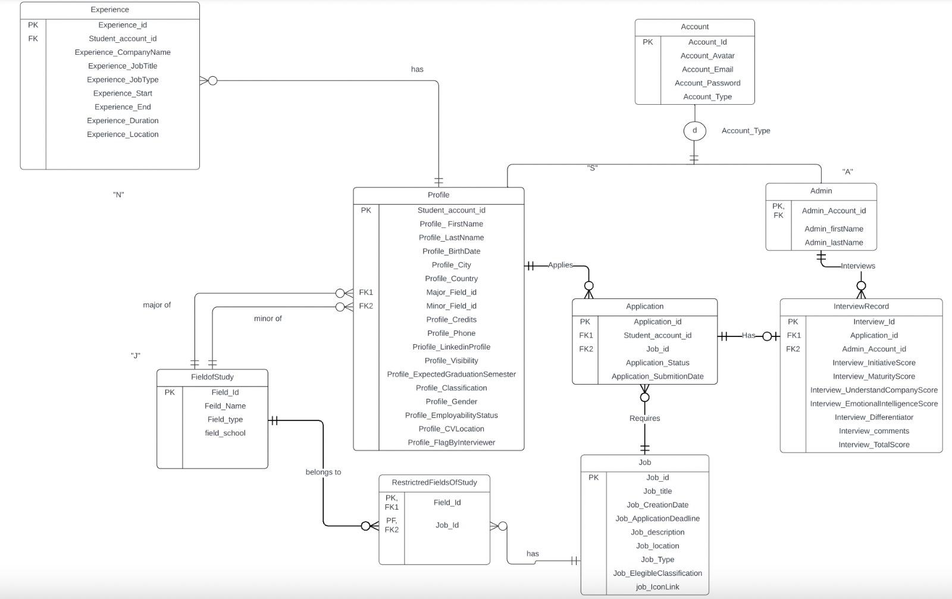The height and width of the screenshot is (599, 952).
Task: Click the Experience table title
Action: tap(109, 10)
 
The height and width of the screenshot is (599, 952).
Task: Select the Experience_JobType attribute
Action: tap(123, 80)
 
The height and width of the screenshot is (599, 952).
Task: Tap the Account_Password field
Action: tap(707, 83)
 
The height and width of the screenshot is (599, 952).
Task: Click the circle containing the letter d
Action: tap(694, 131)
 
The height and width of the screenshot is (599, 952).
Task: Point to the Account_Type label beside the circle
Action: tap(746, 131)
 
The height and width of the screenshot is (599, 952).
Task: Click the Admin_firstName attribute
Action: tap(834, 229)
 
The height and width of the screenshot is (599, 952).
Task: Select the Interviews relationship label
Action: tap(857, 266)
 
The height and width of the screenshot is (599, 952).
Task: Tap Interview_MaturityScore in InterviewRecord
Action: tap(873, 376)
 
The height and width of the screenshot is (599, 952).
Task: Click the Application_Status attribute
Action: tap(657, 363)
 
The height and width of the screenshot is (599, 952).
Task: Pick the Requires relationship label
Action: tap(644, 419)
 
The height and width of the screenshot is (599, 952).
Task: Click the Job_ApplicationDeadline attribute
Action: tap(657, 519)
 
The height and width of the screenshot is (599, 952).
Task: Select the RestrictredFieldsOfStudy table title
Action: tap(434, 483)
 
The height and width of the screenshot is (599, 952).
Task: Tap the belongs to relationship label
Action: tap(323, 472)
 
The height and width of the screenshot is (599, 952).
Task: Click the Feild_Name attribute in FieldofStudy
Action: tap(225, 406)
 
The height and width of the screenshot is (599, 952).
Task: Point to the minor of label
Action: tap(268, 319)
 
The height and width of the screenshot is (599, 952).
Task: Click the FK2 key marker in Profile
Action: tap(366, 306)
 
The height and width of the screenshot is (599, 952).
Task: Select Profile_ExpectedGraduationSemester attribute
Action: tap(451, 375)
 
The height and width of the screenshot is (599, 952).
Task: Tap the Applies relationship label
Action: tap(560, 265)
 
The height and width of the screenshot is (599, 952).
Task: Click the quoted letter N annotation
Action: tap(118, 195)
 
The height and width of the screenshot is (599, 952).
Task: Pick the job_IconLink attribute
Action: tap(657, 587)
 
